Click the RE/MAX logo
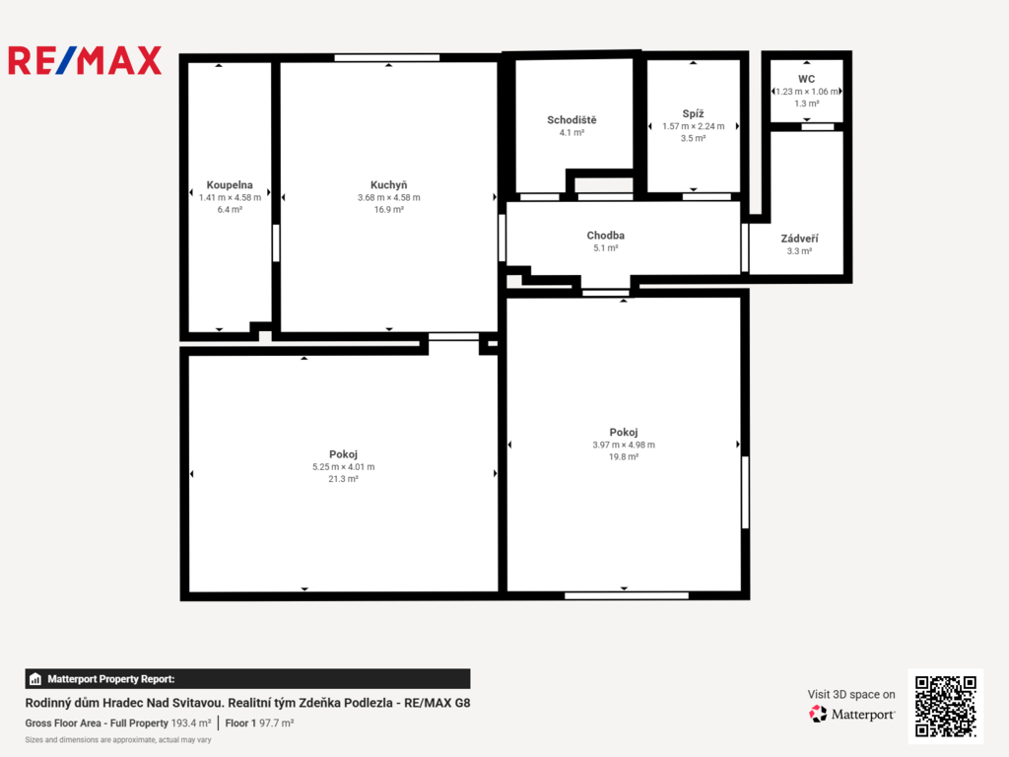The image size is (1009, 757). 85,60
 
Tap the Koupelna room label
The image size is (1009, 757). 230,185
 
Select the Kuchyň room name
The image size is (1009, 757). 388,185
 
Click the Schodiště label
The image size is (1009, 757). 572,119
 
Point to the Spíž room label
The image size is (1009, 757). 693,114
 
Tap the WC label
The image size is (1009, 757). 806,79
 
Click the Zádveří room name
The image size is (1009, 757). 799,239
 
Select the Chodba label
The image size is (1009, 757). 606,236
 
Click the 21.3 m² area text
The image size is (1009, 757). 343,479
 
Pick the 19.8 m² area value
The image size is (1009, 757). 624,457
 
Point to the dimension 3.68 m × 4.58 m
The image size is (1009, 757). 388,197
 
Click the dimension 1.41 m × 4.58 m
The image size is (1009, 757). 230,197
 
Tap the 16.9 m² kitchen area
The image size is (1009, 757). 388,210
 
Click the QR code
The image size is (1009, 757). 945,706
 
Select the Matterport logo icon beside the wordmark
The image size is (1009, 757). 818,714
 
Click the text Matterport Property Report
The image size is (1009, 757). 110,679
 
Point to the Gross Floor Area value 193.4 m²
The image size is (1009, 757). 190,723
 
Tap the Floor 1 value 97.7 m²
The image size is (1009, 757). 276,723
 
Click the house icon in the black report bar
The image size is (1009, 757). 35,679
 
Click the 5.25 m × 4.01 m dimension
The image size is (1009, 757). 343,467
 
